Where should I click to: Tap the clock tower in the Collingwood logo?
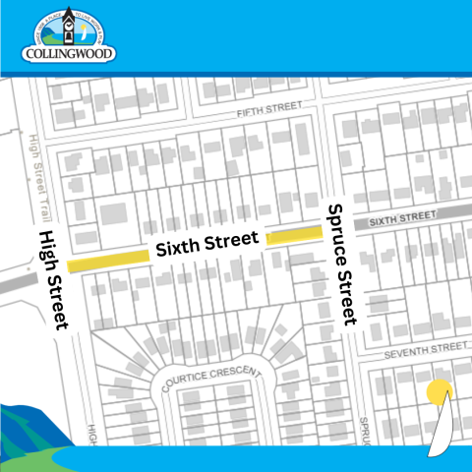click(x=68, y=23)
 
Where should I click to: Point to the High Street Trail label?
click(x=39, y=177)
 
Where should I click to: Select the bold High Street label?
click(x=51, y=279)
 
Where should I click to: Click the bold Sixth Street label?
click(x=206, y=246)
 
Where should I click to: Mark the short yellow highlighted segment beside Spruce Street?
click(x=294, y=234)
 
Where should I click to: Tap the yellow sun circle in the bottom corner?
click(x=439, y=393)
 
